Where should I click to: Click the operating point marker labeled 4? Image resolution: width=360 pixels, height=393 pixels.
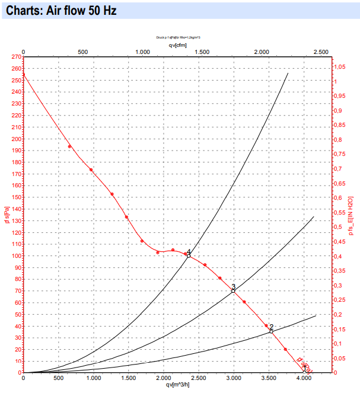[189, 255]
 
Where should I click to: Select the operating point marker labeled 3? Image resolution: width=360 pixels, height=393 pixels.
[233, 291]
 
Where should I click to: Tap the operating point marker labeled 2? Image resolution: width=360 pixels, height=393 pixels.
[271, 331]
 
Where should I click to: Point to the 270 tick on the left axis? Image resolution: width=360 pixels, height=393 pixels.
[16, 57]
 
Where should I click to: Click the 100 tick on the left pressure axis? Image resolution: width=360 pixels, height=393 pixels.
[16, 255]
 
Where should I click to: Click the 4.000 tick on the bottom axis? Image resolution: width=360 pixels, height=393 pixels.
[304, 378]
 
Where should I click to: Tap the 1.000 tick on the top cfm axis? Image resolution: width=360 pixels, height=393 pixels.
[142, 52]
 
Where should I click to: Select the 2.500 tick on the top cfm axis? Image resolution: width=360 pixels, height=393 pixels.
[321, 52]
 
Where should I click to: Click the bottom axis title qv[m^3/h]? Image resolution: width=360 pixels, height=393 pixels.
[178, 384]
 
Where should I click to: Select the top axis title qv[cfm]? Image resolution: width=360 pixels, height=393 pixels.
[177, 44]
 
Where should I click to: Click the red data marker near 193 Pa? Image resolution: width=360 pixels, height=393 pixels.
[69, 146]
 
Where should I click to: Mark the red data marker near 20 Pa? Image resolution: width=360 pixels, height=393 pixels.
[285, 349]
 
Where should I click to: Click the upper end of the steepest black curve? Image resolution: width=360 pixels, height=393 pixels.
[288, 73]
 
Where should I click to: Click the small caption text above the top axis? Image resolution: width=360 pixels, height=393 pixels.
[178, 37]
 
